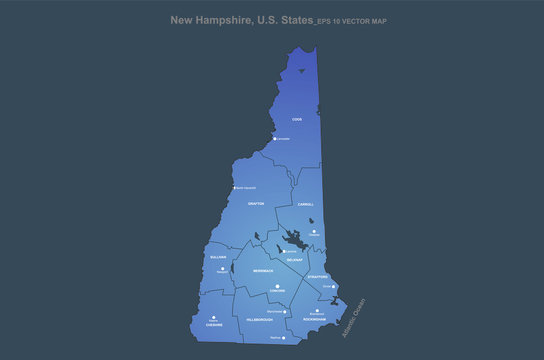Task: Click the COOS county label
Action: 297,119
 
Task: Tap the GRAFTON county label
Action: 256,203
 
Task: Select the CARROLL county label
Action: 306,204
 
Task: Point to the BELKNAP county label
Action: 295,259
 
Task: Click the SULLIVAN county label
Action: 218,257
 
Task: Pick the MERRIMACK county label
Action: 262,271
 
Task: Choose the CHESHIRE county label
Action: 214,325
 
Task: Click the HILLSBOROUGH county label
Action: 260,319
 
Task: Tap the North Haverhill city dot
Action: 234,188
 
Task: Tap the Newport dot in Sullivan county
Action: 222,268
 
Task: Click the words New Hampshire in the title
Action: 210,19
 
